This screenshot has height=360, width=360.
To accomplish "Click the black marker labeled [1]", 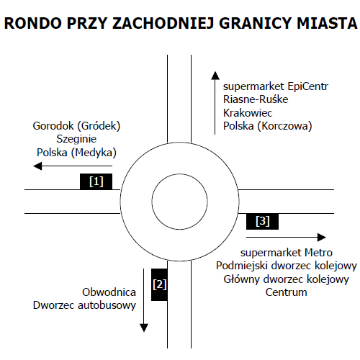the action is [x=96, y=181].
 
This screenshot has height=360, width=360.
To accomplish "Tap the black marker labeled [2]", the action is [x=159, y=284].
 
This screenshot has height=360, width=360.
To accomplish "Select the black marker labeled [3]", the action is [x=262, y=221].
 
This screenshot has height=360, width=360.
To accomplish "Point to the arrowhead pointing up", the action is [x=215, y=76].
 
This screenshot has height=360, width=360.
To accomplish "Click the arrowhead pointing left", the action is [x=37, y=166].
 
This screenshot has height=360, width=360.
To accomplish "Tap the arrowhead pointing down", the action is [x=144, y=328].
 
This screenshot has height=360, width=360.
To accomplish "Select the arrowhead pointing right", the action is [x=322, y=238].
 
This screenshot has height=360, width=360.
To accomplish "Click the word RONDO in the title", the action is [x=33, y=23].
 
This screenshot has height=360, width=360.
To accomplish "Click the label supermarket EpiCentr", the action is [x=276, y=86].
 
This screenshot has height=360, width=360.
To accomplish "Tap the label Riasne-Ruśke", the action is [x=256, y=99].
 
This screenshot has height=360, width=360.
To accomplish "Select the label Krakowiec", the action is [x=248, y=113].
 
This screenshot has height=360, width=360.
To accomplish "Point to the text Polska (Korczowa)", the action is [x=268, y=126].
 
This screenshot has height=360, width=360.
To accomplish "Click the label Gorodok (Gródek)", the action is [x=76, y=126].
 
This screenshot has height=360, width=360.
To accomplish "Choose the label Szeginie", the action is [x=76, y=139].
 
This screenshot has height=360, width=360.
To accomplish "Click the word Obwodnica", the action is [x=109, y=292].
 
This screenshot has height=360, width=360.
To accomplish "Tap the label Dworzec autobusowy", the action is [x=84, y=305].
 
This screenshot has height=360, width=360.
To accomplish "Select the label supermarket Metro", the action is [x=287, y=253].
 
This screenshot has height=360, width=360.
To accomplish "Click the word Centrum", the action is [x=286, y=292].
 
